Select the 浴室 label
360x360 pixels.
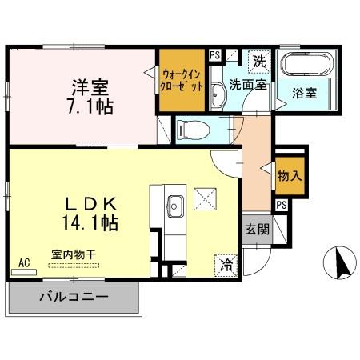303,93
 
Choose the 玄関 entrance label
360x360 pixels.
257,227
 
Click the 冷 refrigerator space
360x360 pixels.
226,263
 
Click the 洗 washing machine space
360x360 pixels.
260,61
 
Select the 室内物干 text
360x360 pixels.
74,254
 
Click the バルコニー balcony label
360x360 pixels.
74,298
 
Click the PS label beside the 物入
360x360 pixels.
281,205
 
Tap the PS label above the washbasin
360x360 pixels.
214,54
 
